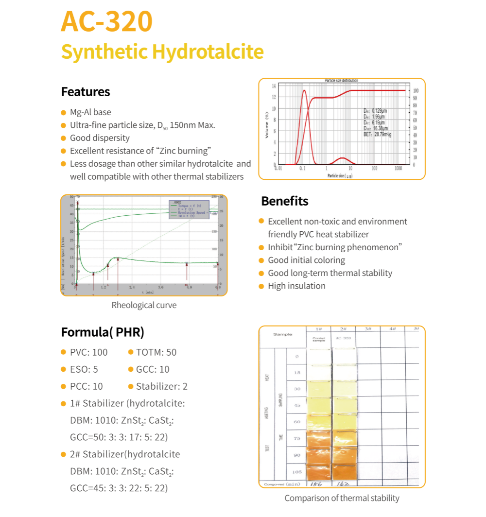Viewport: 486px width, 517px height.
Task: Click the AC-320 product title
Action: point(107,21)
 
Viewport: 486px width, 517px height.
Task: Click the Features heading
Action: point(86,92)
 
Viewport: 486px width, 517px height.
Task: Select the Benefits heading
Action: point(285,201)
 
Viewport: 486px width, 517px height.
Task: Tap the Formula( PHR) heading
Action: point(103,332)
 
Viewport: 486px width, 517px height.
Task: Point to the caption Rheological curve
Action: point(144,305)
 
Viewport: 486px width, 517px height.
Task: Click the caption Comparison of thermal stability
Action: point(342,498)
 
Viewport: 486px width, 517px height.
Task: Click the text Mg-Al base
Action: point(90,112)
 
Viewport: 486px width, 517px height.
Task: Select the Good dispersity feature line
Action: point(100,138)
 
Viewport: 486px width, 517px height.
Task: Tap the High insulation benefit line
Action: point(296,286)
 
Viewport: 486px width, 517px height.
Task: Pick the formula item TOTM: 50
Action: point(156,352)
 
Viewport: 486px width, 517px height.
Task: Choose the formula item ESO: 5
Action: point(84,369)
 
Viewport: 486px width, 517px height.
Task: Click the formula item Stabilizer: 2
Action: point(161,386)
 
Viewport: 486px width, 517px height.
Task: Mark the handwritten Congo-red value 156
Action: point(316,484)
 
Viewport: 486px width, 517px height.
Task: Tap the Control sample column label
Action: point(319,340)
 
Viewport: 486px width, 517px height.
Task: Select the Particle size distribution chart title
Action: point(341,80)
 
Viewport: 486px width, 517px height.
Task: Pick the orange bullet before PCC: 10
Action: point(63,387)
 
